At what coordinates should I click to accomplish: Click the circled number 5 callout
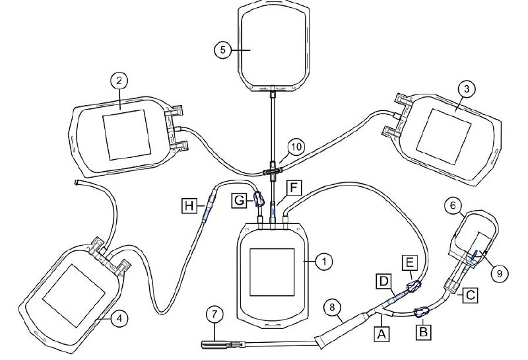tap(224, 49)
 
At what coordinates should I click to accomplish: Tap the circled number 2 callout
tap(119, 81)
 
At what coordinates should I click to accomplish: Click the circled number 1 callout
tap(323, 261)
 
